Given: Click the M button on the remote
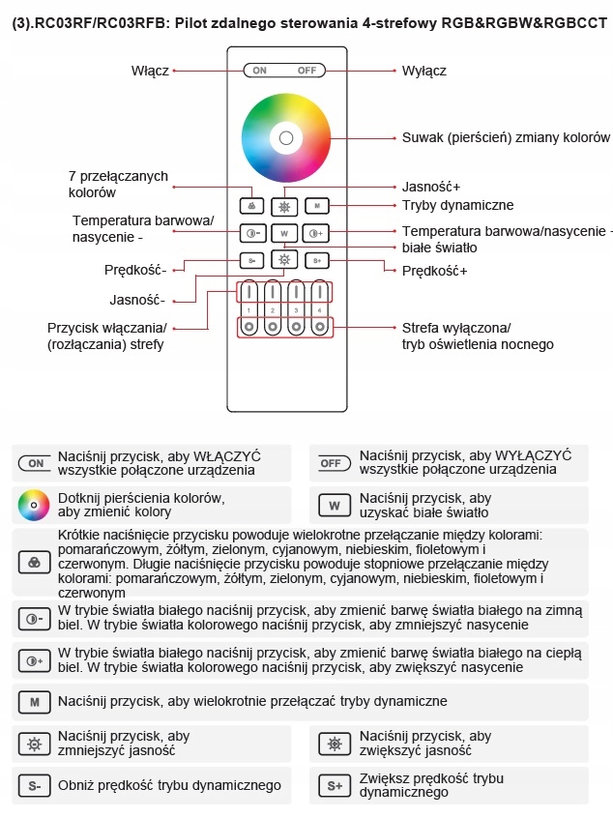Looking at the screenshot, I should pyautogui.click(x=317, y=206).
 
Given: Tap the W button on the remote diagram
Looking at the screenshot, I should pyautogui.click(x=284, y=233).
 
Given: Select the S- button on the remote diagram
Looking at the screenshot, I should pyautogui.click(x=252, y=260).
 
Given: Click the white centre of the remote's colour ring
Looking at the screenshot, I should pyautogui.click(x=285, y=138).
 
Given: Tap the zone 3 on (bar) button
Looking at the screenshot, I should pyautogui.click(x=296, y=292).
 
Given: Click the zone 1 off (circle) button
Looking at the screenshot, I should pyautogui.click(x=248, y=327).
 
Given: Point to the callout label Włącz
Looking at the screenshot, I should pyautogui.click(x=150, y=71).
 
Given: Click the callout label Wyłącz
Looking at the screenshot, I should pyautogui.click(x=423, y=71).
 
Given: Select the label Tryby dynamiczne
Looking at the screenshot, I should pyautogui.click(x=457, y=205).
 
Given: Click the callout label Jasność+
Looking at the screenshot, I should pyautogui.click(x=430, y=187).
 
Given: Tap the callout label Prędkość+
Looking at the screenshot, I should pyautogui.click(x=434, y=271).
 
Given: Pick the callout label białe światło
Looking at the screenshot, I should pyautogui.click(x=440, y=248).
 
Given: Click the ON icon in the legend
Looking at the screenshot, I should pyautogui.click(x=35, y=464).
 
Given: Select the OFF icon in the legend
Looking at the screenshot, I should pyautogui.click(x=335, y=464).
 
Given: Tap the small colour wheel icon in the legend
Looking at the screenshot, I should pyautogui.click(x=33, y=505).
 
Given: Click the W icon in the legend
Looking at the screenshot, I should pyautogui.click(x=335, y=505).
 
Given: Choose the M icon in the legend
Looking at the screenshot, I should pyautogui.click(x=34, y=701).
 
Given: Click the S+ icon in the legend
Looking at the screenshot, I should pyautogui.click(x=335, y=785).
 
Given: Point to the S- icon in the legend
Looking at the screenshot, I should pyautogui.click(x=34, y=785).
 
